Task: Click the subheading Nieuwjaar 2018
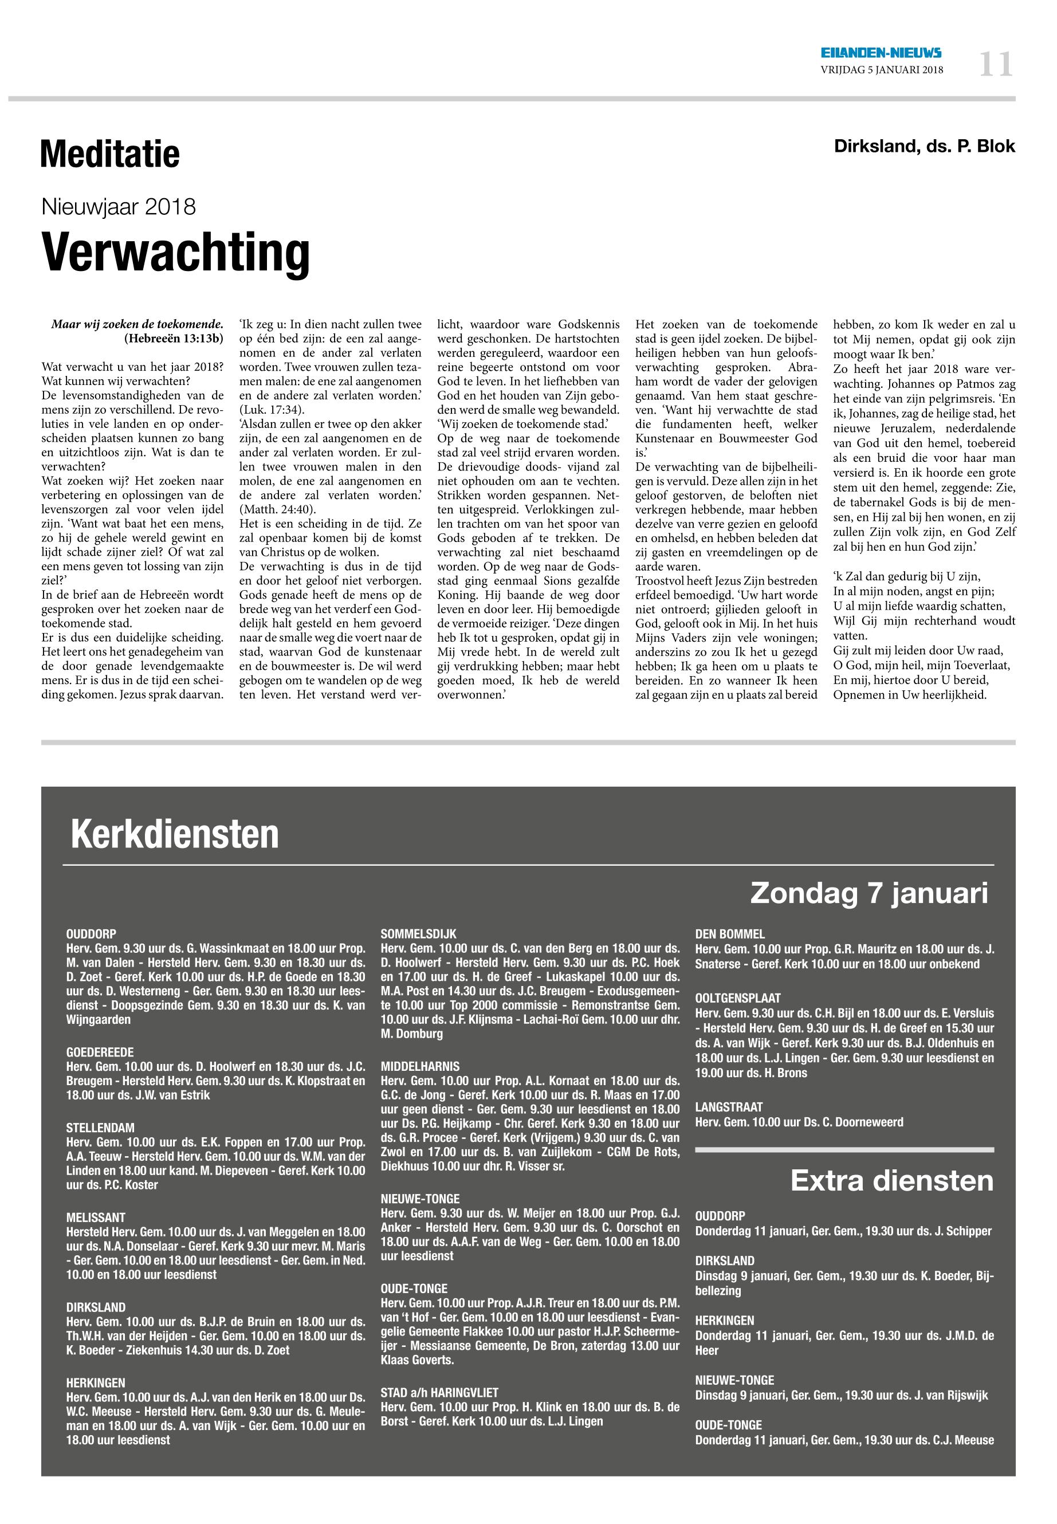[119, 207]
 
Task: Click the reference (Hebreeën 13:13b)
[174, 339]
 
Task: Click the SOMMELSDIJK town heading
[419, 934]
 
